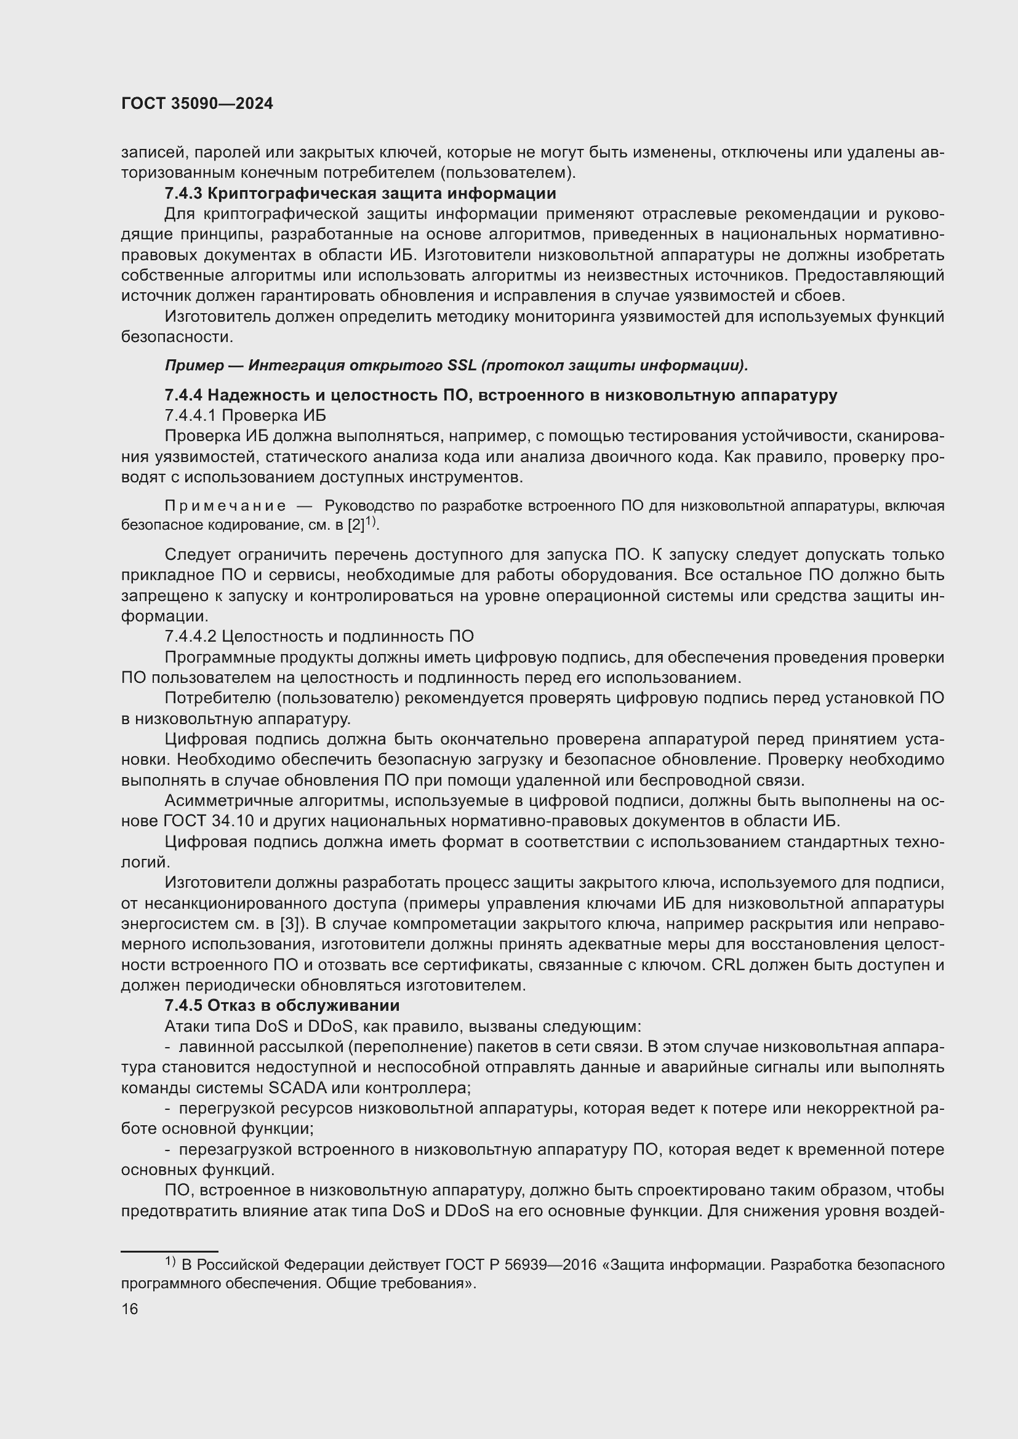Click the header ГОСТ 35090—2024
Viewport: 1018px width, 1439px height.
(197, 104)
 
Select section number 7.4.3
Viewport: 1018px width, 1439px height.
(183, 193)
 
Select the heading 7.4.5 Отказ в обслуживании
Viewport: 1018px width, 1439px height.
(282, 1005)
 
